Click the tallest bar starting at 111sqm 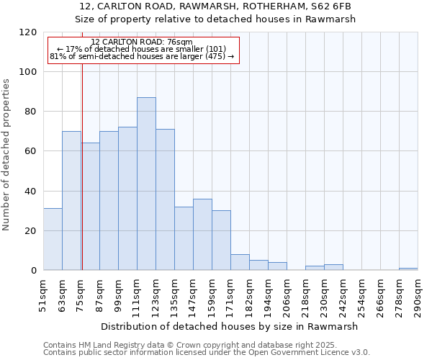pyautogui.click(x=146, y=184)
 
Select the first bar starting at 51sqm pyautogui.click(x=53, y=239)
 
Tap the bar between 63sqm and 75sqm pyautogui.click(x=71, y=201)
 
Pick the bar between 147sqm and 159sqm pyautogui.click(x=202, y=235)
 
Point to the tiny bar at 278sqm pyautogui.click(x=408, y=269)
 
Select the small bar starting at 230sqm pyautogui.click(x=333, y=267)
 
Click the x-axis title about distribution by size pyautogui.click(x=229, y=326)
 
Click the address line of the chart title pyautogui.click(x=215, y=6)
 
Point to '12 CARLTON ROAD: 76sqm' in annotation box pyautogui.click(x=142, y=42)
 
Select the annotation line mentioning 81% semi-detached pyautogui.click(x=142, y=56)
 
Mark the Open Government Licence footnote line pyautogui.click(x=207, y=353)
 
